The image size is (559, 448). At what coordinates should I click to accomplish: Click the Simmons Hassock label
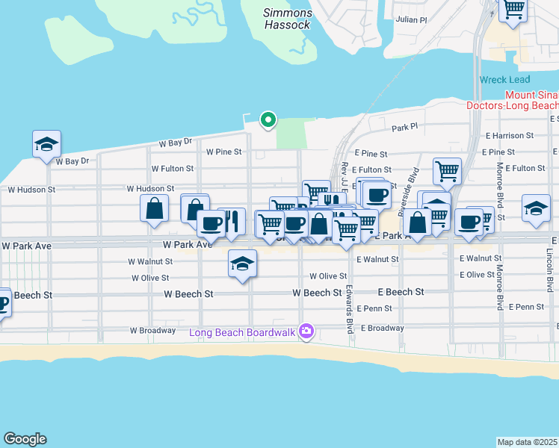[x=288, y=19]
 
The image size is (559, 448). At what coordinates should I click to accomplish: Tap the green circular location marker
[x=268, y=119]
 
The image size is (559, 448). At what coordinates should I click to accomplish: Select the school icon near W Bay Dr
[x=46, y=144]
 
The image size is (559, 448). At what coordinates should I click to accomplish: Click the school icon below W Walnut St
[x=242, y=264]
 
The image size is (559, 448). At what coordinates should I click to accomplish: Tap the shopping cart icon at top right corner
[x=513, y=10]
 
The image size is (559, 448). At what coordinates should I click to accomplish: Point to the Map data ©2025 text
[x=528, y=442]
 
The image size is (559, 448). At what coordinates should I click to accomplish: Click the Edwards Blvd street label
[x=349, y=308]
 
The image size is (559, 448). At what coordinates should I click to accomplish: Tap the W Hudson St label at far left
[x=31, y=190]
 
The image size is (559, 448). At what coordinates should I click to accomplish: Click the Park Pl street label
[x=404, y=128]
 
